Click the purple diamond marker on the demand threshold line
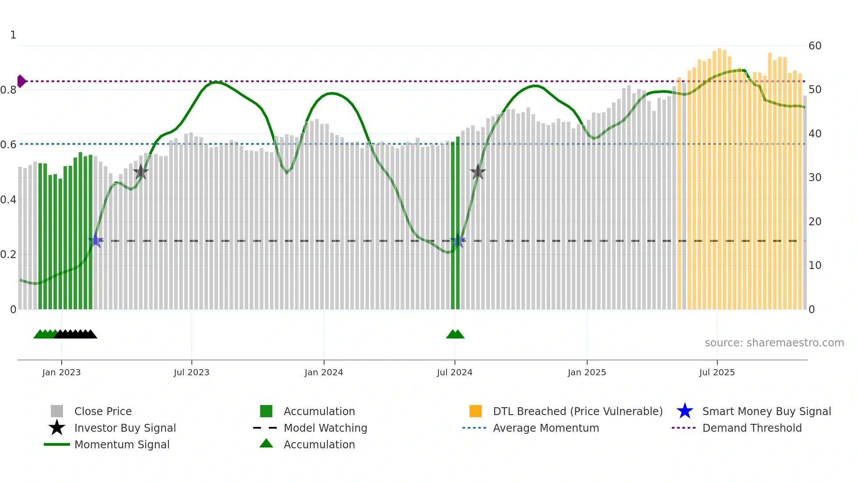pos(21,81)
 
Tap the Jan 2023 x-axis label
pos(61,372)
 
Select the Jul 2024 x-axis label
pos(454,372)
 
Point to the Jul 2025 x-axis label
pos(717,372)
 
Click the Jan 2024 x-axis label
pos(324,372)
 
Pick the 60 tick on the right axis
pos(815,46)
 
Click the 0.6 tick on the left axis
pos(8,145)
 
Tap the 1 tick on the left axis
pos(13,35)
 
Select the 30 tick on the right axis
pos(815,178)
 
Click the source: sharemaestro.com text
pos(774,343)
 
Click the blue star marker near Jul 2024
pos(458,241)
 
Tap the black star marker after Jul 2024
pos(478,172)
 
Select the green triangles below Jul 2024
pos(455,335)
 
